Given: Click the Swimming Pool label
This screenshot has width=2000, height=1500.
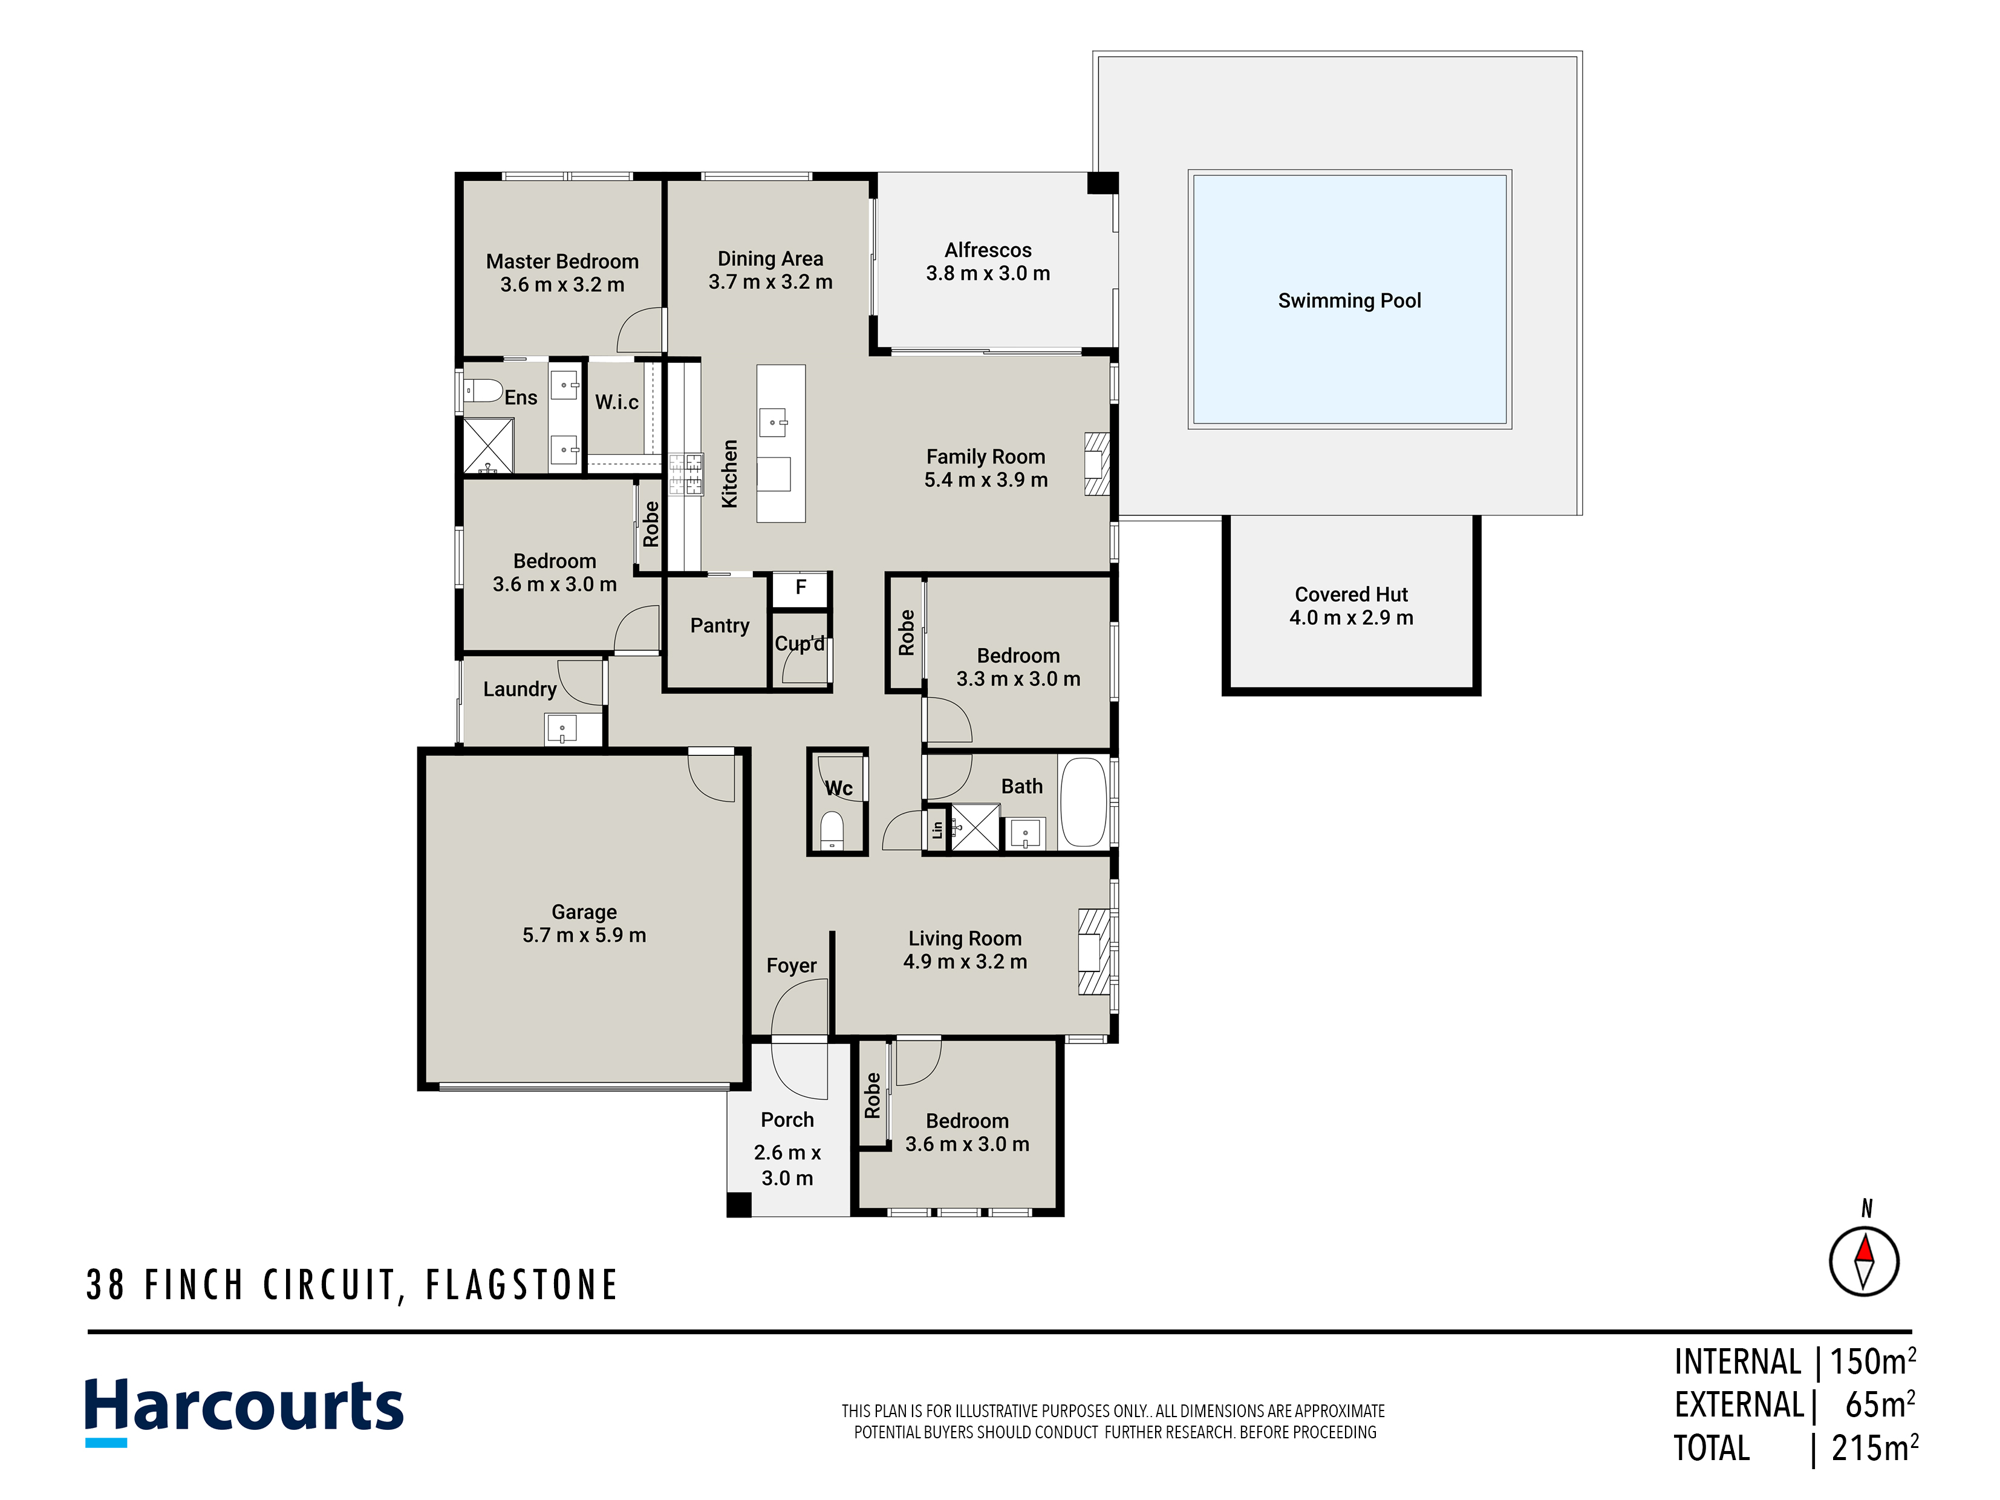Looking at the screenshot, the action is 1349,301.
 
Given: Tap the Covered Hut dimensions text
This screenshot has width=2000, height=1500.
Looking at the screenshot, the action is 1351,618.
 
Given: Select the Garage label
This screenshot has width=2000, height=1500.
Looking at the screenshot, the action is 584,912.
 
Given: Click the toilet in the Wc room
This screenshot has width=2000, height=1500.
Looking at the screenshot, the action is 832,830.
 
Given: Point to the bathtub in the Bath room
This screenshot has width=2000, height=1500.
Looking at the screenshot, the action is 1083,802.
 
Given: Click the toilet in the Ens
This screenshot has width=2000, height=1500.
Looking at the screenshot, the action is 483,391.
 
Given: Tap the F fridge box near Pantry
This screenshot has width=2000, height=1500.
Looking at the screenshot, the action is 800,589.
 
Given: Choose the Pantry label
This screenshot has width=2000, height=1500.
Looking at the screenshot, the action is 720,625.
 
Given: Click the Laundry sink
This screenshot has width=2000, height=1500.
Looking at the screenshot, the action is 561,729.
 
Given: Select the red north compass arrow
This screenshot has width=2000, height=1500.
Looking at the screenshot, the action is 1865,1250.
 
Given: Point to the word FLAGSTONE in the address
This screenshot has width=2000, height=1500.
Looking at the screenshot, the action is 522,1285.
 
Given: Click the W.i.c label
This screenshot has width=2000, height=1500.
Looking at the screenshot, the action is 617,402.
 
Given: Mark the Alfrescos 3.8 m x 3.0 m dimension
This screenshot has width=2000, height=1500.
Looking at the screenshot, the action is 988,273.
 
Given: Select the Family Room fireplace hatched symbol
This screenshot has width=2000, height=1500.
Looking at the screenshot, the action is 1096,464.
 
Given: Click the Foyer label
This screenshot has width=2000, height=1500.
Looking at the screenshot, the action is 791,966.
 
